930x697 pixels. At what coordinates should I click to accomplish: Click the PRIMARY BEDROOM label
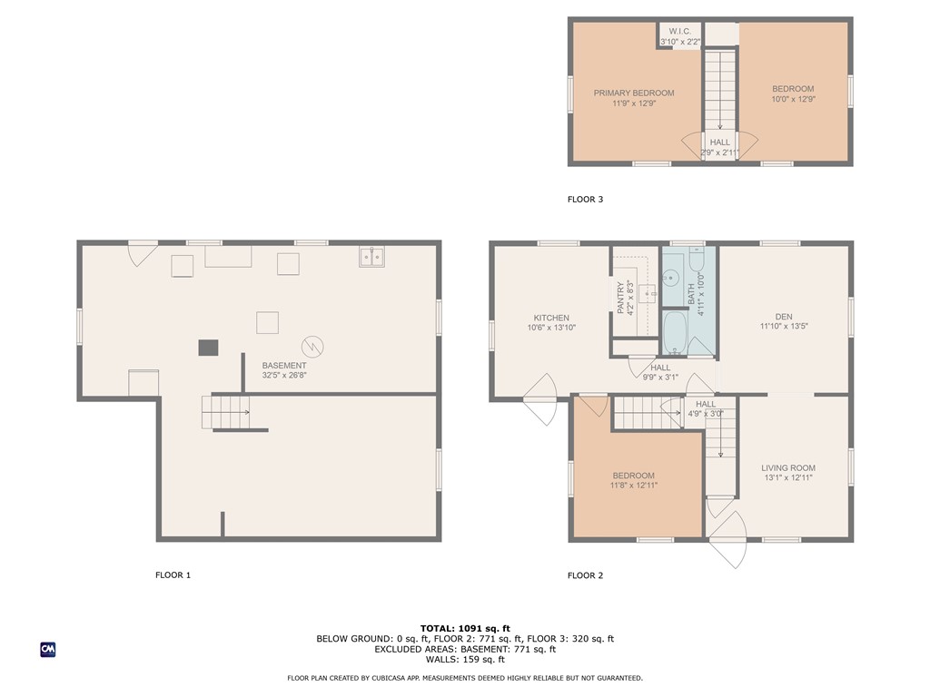[634, 93]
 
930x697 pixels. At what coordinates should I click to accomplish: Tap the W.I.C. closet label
[680, 32]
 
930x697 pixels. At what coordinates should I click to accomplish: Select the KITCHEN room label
[551, 318]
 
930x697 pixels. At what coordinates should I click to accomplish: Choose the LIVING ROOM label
[788, 468]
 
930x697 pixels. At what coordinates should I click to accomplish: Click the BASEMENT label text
[284, 365]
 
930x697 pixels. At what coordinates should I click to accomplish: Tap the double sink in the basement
[371, 257]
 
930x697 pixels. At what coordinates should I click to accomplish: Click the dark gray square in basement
[209, 348]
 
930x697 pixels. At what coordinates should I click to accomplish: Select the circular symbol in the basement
[313, 346]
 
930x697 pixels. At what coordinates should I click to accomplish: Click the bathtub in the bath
[676, 334]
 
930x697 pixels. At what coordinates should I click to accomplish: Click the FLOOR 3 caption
[585, 200]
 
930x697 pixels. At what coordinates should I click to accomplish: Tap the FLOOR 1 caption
[173, 574]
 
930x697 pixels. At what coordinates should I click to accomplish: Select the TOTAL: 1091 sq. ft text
[465, 628]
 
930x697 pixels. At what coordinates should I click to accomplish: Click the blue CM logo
[48, 649]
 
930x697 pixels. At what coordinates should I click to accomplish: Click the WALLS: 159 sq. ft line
[465, 660]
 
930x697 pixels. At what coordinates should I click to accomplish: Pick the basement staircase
[226, 412]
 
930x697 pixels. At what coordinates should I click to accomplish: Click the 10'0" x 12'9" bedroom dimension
[793, 100]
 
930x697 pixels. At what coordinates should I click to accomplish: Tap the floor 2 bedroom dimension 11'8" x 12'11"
[633, 486]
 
